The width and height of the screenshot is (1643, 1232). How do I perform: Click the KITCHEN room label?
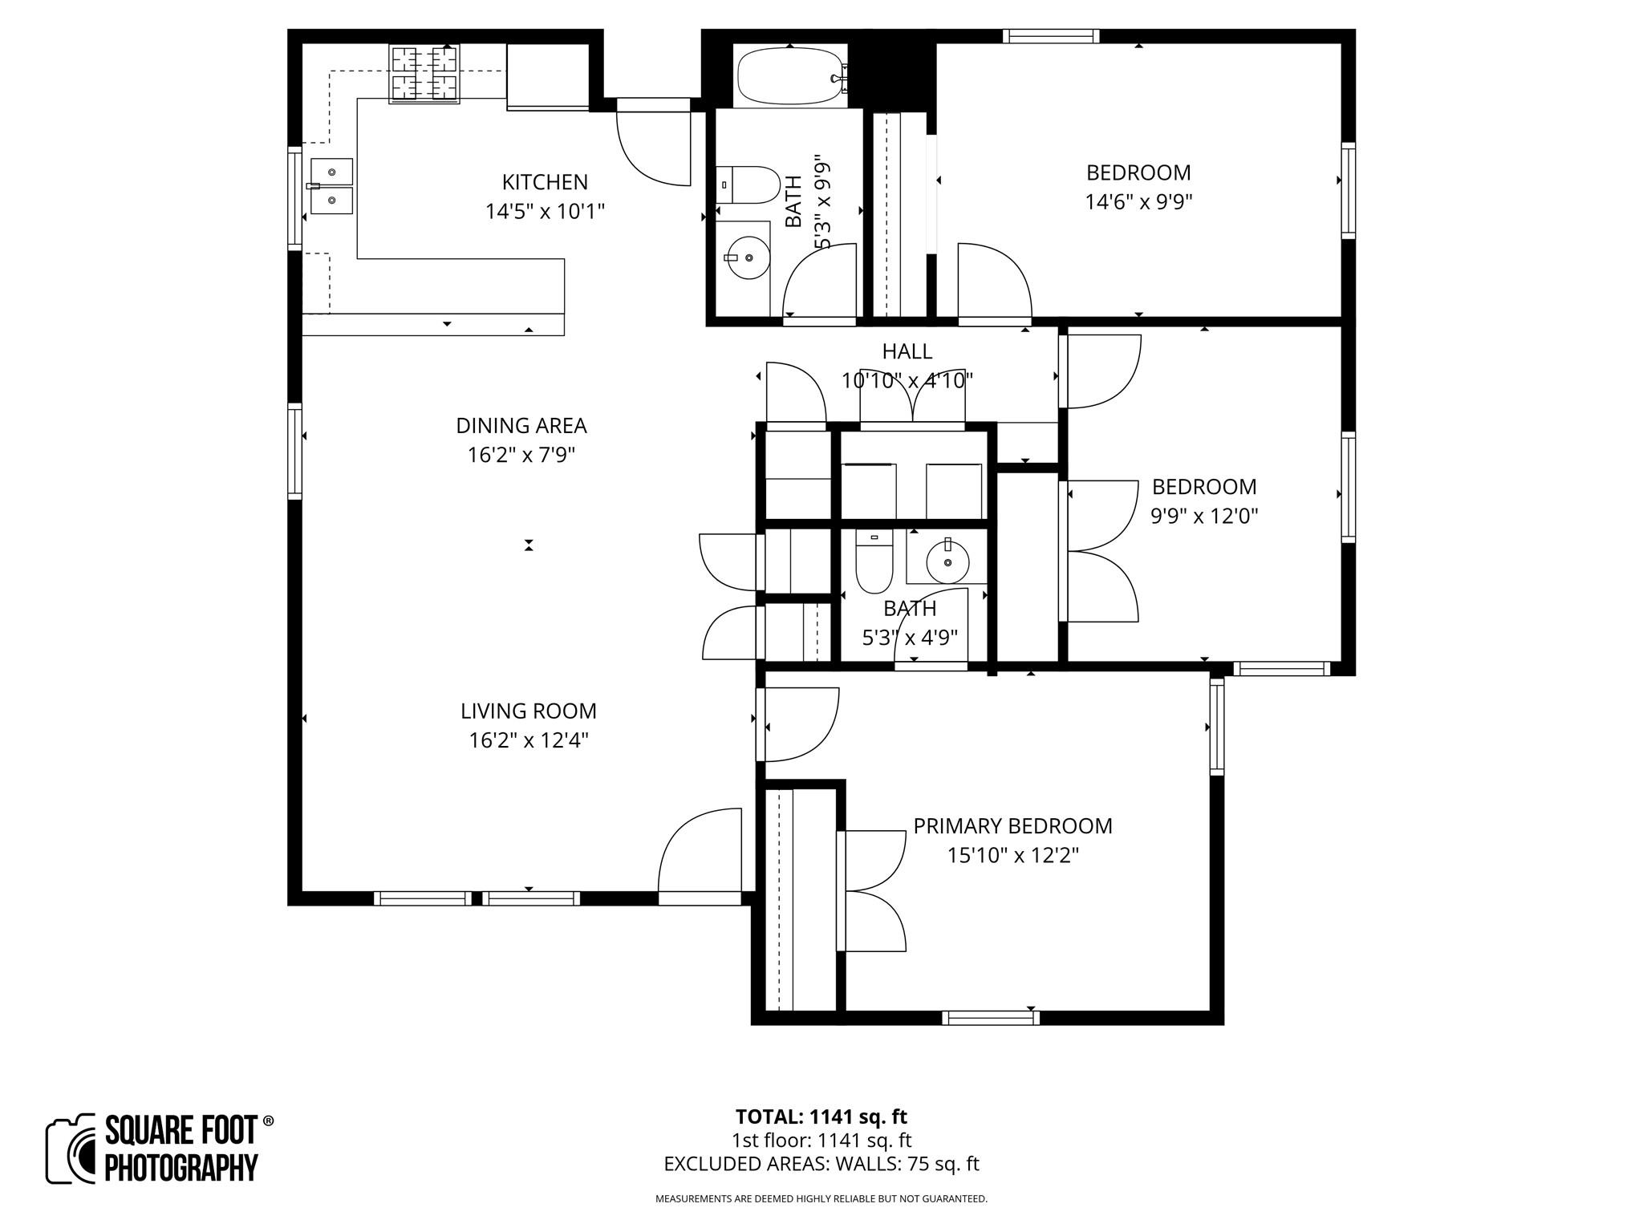click(545, 182)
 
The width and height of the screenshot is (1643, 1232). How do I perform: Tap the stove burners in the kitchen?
click(424, 74)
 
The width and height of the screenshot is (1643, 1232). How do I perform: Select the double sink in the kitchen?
click(331, 186)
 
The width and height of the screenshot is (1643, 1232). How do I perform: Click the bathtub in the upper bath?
click(790, 76)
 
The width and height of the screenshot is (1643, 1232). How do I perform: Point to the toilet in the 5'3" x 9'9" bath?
click(748, 184)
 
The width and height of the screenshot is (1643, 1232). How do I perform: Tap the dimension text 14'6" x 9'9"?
click(1138, 202)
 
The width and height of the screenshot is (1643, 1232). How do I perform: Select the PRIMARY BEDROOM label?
click(1012, 826)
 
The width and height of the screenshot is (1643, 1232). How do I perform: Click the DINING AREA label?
click(521, 425)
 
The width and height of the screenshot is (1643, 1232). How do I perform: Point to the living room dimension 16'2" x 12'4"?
click(529, 740)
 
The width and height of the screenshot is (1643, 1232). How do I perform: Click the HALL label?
click(907, 351)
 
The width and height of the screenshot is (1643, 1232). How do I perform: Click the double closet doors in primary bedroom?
click(872, 890)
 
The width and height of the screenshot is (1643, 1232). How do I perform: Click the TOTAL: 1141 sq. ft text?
click(821, 1116)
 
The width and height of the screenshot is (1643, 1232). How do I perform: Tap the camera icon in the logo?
click(72, 1149)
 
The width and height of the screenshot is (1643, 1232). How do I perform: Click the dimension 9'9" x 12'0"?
click(1204, 517)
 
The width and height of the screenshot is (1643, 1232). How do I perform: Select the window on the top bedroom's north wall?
click(1050, 36)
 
